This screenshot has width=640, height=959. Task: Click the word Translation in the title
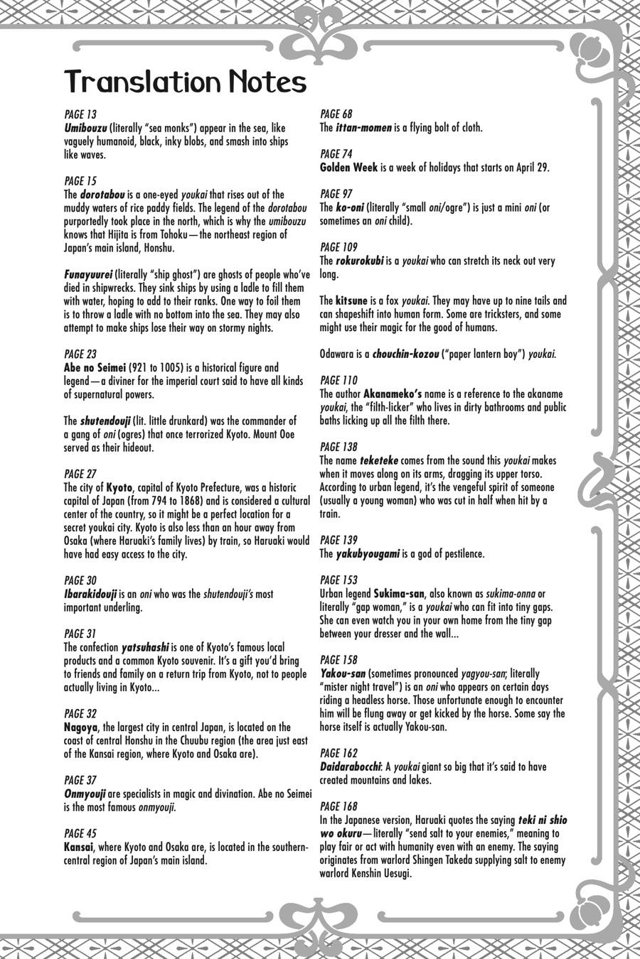[x=142, y=82]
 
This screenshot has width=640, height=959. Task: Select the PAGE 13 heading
[x=80, y=114]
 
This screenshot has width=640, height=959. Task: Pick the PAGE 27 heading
[x=80, y=474]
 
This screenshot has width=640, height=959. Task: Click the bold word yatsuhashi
[x=145, y=647]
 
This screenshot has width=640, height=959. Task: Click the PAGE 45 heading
[x=80, y=833]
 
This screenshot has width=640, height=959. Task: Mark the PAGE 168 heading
[x=338, y=806]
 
